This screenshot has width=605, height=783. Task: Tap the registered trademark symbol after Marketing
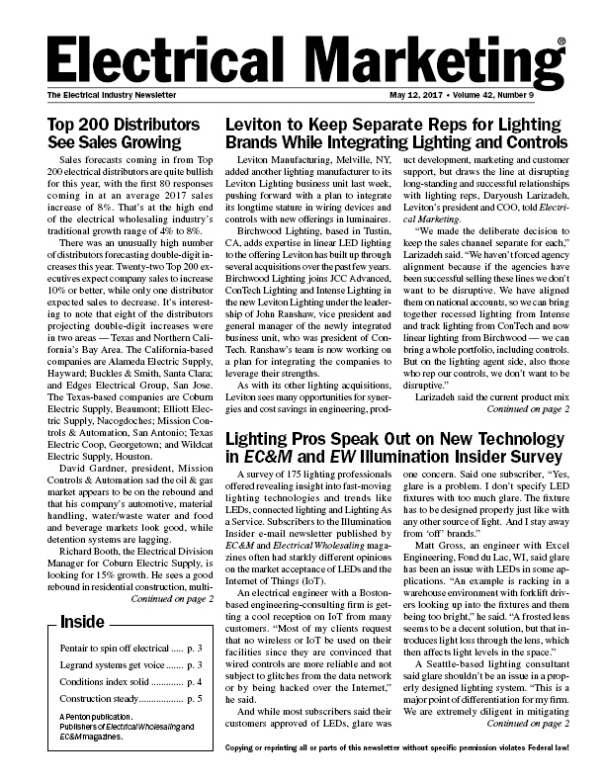coord(561,43)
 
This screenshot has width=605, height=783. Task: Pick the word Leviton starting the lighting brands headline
coord(260,126)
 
